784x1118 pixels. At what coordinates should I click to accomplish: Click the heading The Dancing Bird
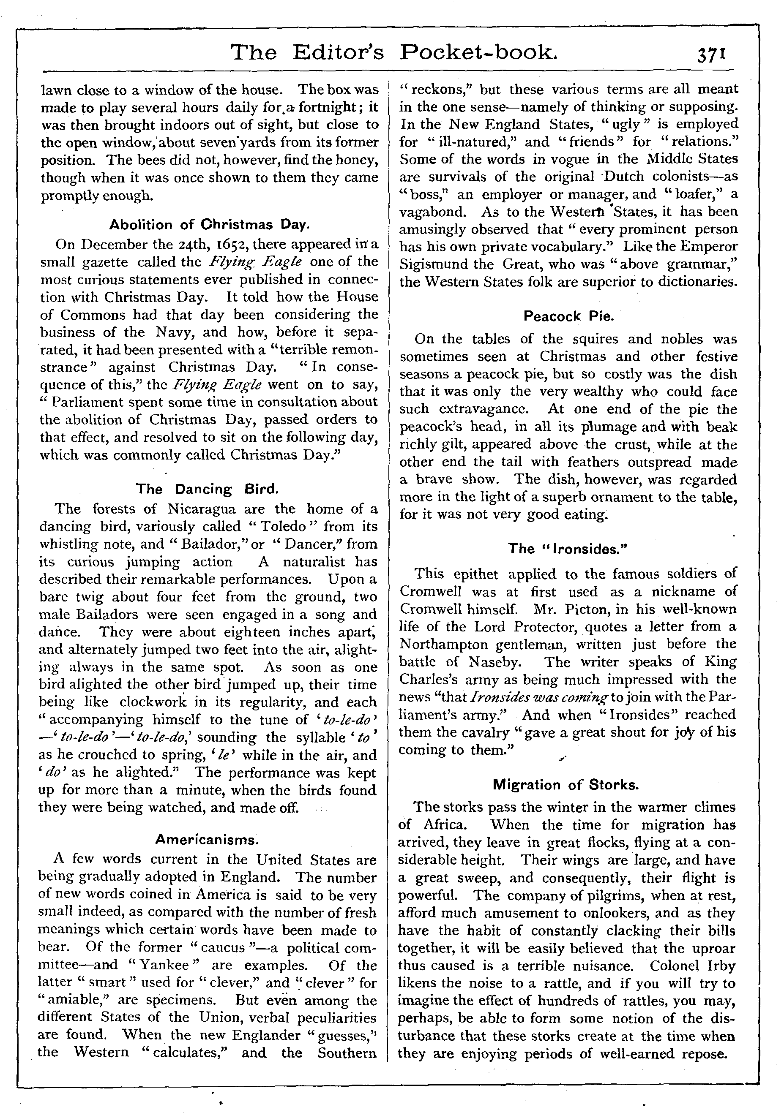coord(207,490)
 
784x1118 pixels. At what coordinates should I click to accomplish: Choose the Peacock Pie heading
coord(568,316)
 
